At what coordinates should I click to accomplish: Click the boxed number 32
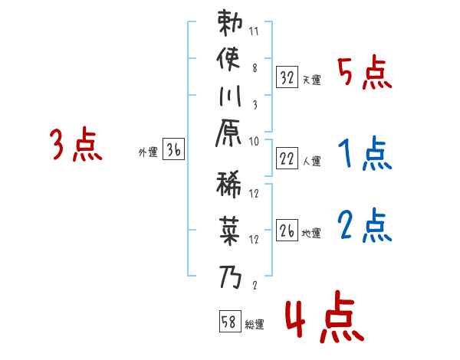point(287,77)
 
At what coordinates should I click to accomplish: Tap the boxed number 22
point(287,158)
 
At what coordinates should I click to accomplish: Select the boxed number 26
point(287,231)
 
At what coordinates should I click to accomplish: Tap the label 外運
point(147,152)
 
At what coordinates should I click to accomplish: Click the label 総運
point(255,324)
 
